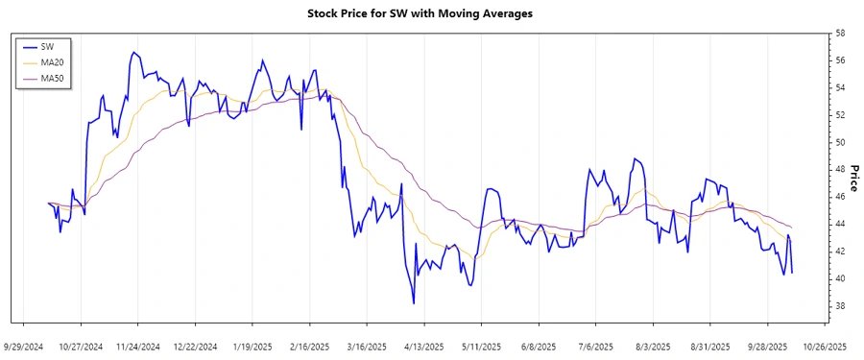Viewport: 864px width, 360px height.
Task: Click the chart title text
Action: pos(432,13)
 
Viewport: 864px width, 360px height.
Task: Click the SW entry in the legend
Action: pos(47,46)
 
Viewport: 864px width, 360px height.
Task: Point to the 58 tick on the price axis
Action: pos(840,34)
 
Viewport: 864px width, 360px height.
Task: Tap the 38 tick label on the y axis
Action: pos(840,306)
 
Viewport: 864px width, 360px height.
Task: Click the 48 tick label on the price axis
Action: pos(840,170)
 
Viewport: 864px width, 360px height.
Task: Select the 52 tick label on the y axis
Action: pos(840,115)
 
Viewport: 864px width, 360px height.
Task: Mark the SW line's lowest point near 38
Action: pos(414,303)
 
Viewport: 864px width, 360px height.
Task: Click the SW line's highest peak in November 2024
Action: pos(133,52)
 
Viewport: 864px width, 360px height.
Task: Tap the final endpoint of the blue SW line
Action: pos(792,273)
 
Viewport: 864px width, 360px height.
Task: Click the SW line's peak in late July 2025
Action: pos(635,158)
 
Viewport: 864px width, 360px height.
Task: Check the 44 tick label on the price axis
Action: pos(840,225)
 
